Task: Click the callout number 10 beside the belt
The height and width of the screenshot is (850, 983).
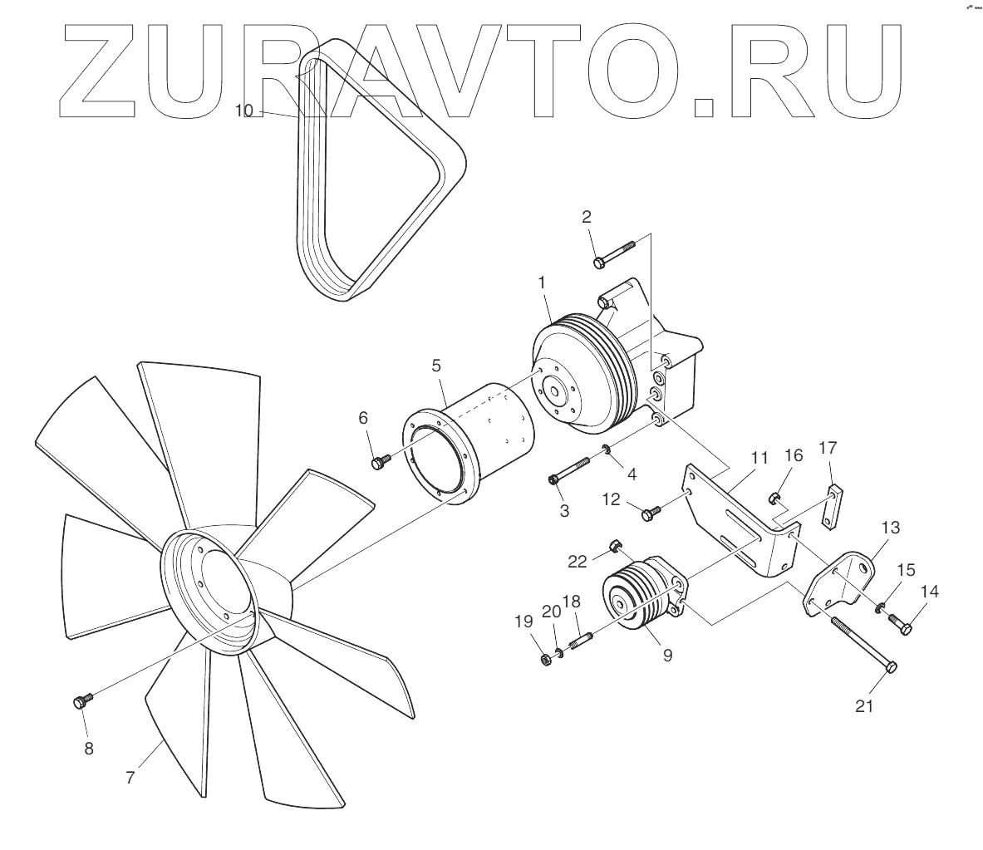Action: pos(243,111)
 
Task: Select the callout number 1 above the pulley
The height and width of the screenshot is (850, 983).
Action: pos(542,283)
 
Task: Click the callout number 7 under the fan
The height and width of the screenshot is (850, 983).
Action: pos(130,779)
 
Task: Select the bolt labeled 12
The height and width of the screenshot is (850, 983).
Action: pos(651,513)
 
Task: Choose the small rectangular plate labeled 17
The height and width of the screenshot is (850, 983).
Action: pos(831,506)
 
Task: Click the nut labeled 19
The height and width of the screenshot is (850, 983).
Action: pos(545,661)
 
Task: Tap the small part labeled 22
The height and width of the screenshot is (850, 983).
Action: pos(616,545)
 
